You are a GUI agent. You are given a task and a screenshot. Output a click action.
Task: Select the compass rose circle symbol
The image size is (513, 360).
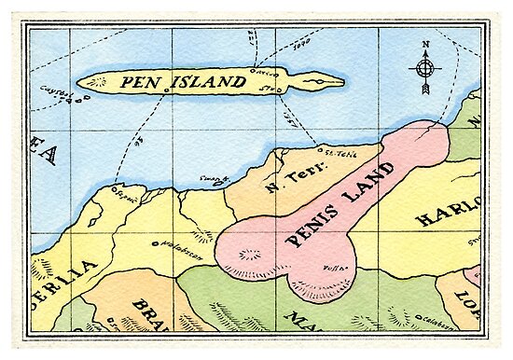[x=424, y=67]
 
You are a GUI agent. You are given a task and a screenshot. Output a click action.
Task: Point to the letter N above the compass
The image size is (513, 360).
[x=424, y=44]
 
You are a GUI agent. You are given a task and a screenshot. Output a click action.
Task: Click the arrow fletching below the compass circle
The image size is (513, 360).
[x=424, y=89]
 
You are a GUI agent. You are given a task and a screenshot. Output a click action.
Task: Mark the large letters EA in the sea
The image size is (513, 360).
[x=43, y=153]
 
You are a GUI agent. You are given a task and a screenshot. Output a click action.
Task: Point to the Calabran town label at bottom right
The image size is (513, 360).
[x=432, y=320]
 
